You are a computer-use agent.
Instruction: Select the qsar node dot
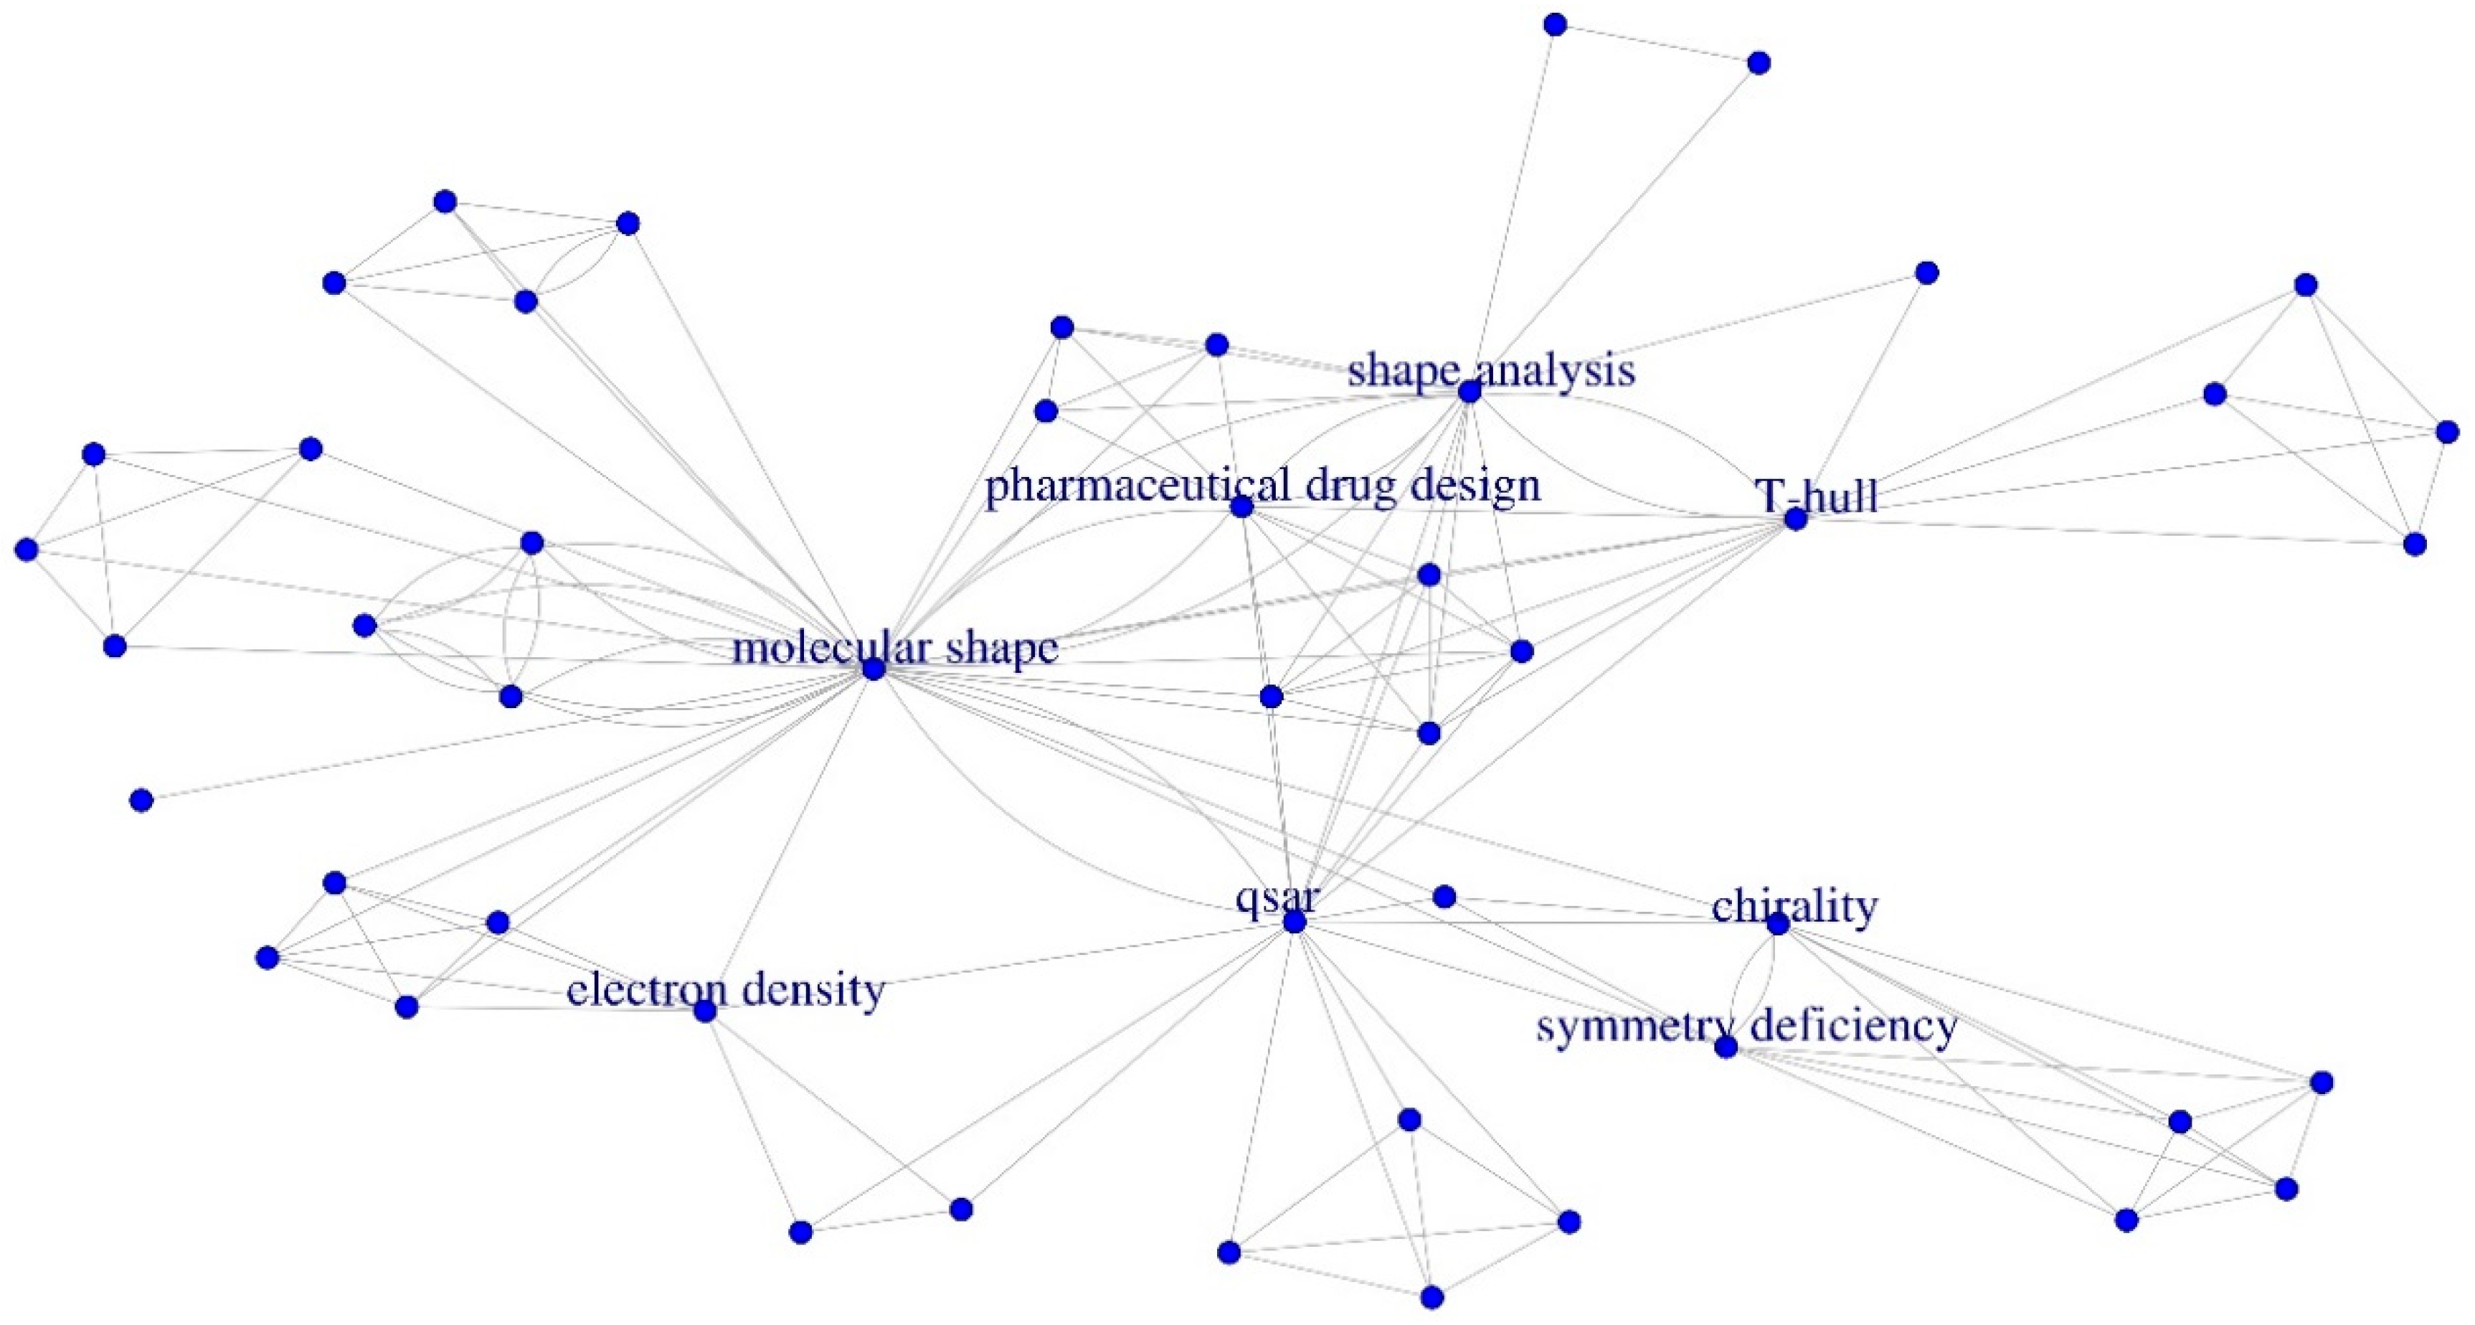click(1295, 921)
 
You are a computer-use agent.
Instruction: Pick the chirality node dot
click(1777, 923)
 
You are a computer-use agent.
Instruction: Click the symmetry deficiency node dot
click(1726, 1047)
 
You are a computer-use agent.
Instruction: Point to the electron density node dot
click(705, 1011)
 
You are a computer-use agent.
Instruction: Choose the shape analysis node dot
click(1469, 392)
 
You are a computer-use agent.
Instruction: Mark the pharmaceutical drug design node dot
click(1241, 506)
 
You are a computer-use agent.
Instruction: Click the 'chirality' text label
click(1795, 906)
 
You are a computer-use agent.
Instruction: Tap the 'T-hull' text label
click(1816, 496)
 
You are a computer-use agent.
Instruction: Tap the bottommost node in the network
click(1431, 1297)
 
